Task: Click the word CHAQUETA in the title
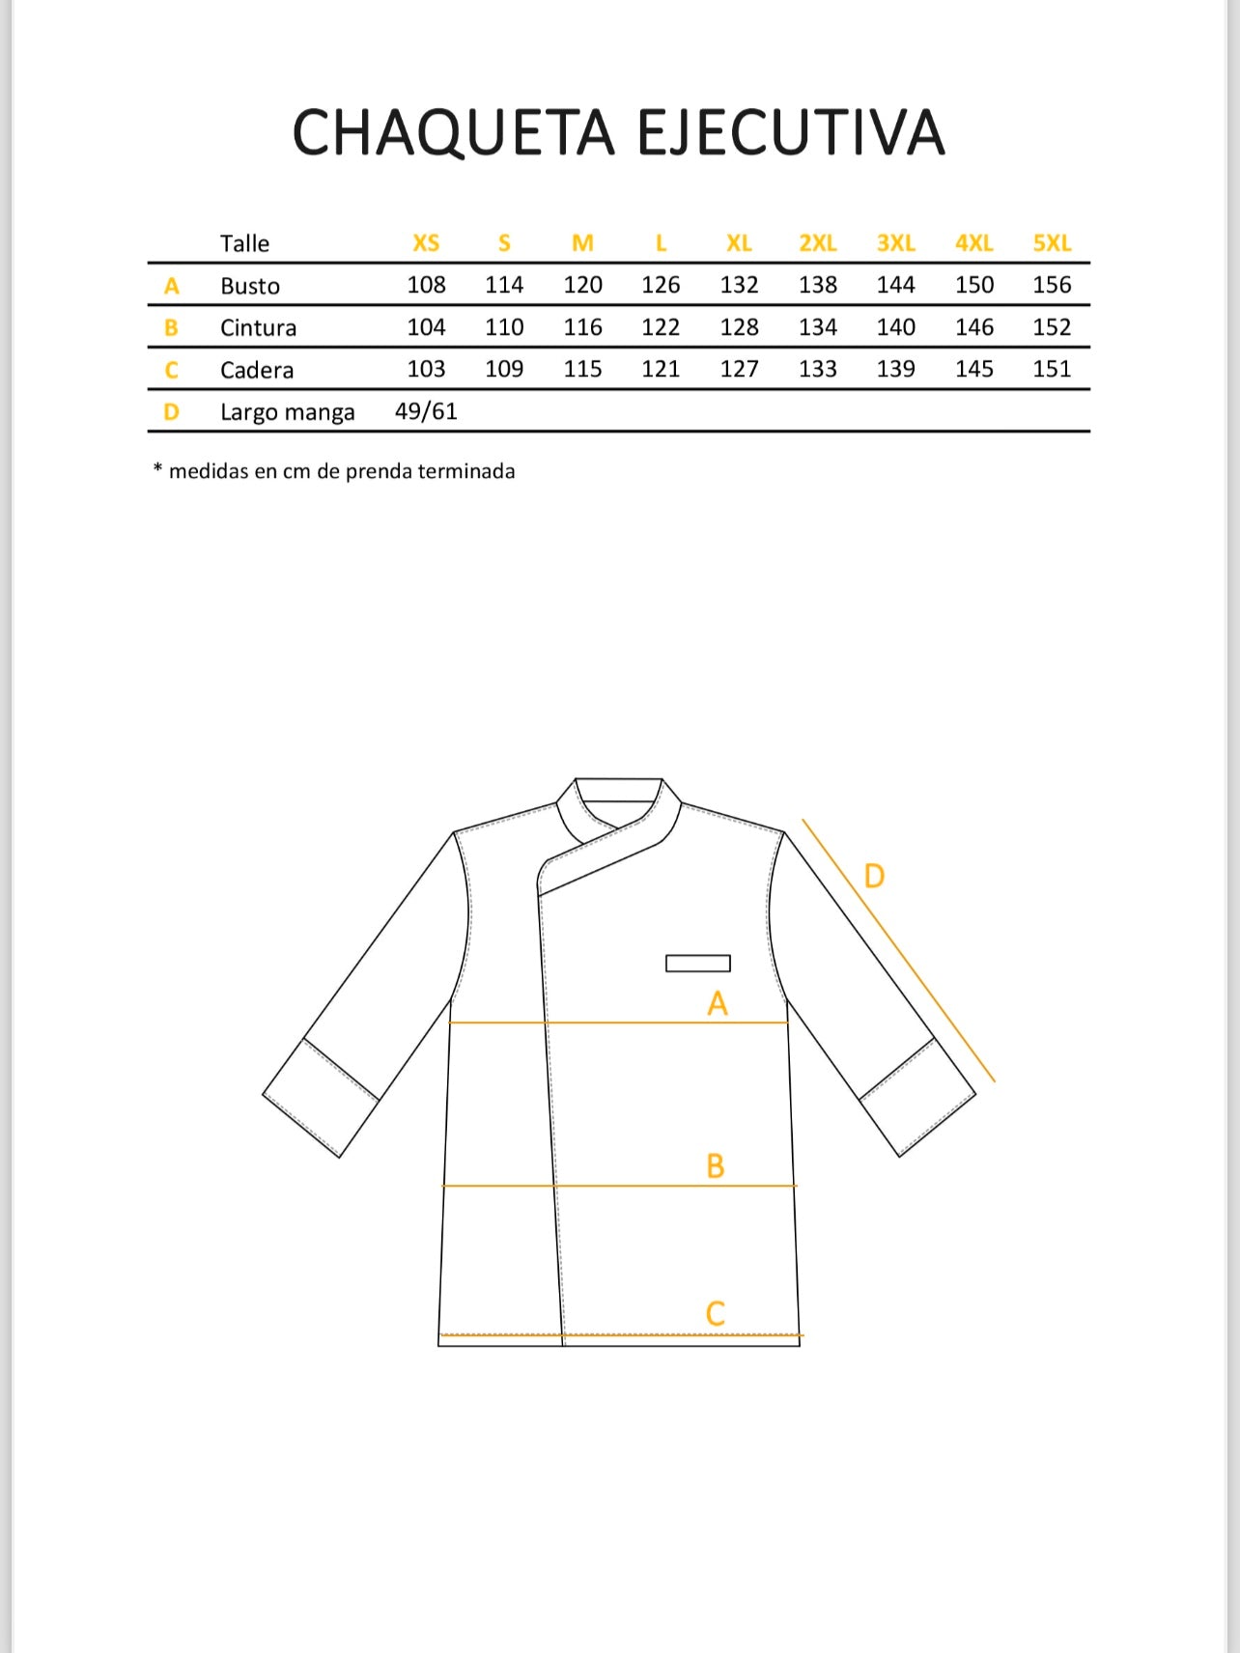pos(453,133)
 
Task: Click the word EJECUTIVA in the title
pos(790,133)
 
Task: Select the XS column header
pos(426,243)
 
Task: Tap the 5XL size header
pos(1052,243)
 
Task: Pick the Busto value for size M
pos(582,285)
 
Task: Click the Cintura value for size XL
pos(739,327)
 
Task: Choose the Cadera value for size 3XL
pos(895,369)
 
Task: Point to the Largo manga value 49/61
pos(426,411)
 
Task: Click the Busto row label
pos(250,286)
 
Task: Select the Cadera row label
pos(257,370)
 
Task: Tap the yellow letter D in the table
pos(171,412)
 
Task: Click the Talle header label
pos(244,243)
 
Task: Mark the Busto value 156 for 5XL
pos(1052,285)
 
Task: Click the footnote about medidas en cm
pos(334,471)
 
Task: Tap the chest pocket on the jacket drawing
pos(698,963)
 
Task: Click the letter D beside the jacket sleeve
pos(874,877)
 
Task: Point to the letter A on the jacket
pos(717,1004)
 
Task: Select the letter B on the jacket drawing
pos(715,1166)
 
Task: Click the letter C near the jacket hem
pos(715,1314)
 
